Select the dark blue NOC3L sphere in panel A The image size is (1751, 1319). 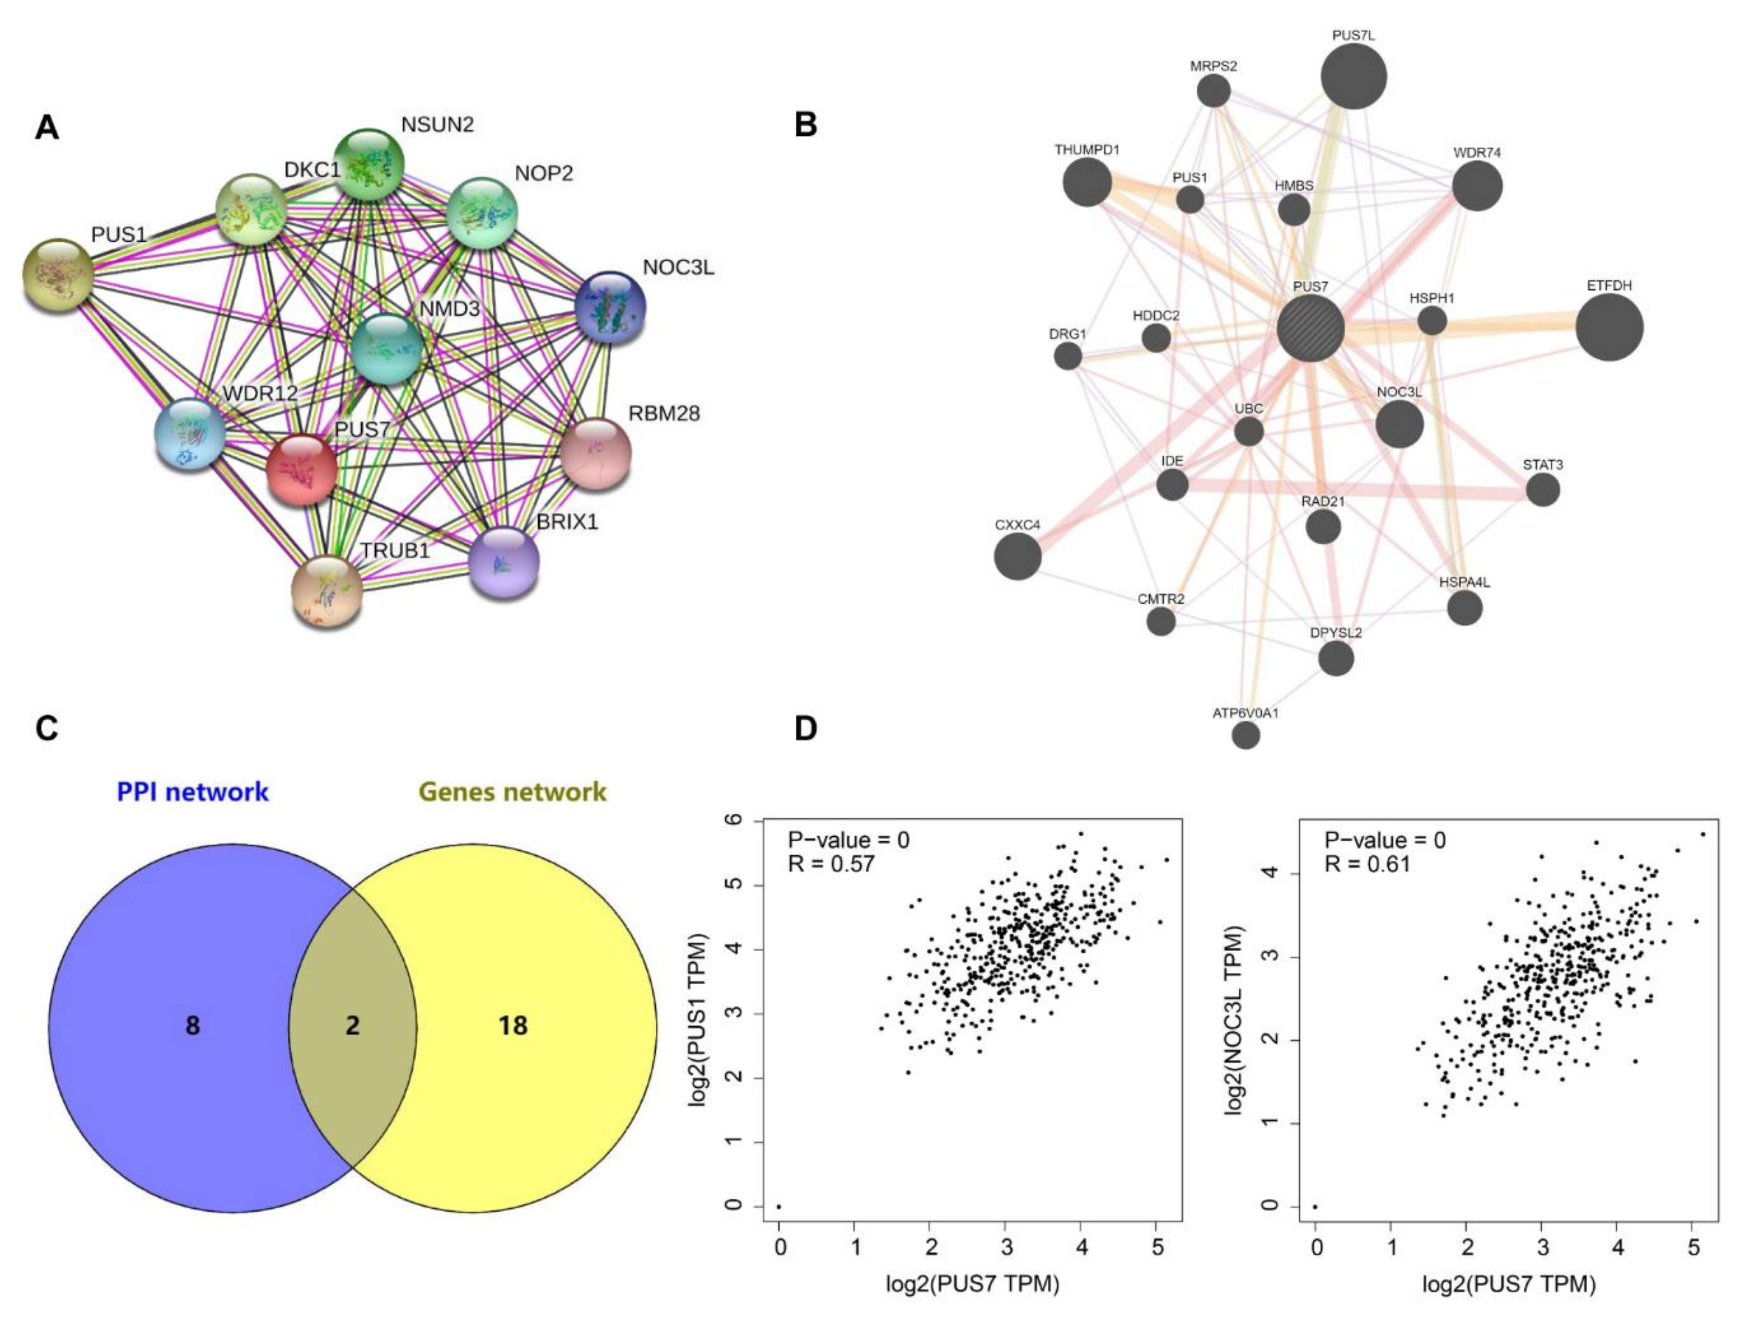tap(610, 307)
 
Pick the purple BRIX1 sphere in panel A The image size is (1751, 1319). tap(504, 562)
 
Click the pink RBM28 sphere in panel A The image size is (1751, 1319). tap(595, 454)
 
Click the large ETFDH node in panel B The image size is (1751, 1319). tap(1609, 327)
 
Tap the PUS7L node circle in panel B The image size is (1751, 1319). tap(1354, 76)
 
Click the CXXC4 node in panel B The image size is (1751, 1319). tap(1017, 555)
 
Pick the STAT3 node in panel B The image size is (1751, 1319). tap(1543, 490)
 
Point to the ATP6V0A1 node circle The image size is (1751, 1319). tap(1246, 735)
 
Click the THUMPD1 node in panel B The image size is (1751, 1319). tap(1087, 182)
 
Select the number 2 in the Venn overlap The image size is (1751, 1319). tap(352, 1026)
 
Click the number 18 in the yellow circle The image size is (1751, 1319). tap(513, 1026)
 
